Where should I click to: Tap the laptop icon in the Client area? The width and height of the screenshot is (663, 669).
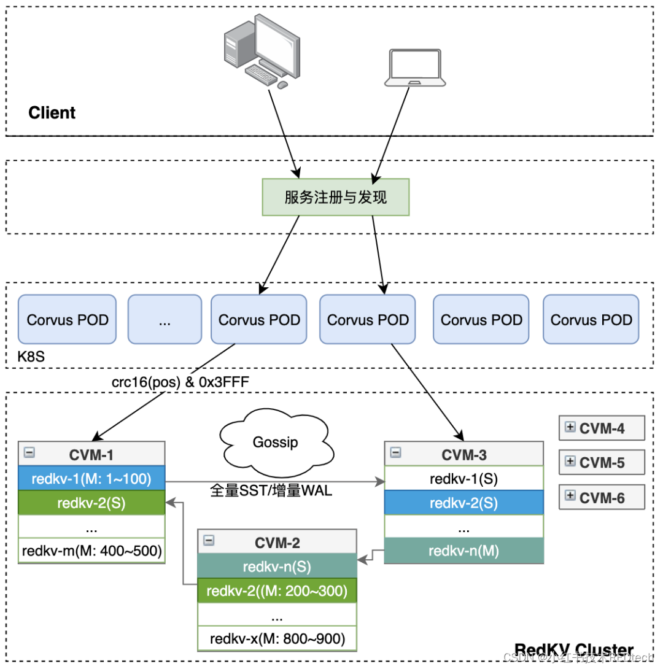414,68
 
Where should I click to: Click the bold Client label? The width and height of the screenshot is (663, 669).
52,113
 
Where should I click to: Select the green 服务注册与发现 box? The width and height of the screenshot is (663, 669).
336,197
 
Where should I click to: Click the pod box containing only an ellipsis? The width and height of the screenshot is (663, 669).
165,320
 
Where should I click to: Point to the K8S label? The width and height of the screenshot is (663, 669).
31,355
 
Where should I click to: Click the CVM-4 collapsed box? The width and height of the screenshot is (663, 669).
602,428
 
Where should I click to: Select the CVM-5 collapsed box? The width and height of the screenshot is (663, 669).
602,463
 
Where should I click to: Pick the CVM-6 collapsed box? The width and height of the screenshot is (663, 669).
602,498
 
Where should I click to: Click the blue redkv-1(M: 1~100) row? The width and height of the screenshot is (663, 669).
91,478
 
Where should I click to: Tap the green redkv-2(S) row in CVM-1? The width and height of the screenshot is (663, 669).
91,503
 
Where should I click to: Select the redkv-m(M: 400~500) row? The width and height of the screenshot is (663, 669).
91,551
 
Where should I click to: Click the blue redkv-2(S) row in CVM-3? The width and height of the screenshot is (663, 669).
463,503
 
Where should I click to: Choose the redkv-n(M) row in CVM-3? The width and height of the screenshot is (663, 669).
463,551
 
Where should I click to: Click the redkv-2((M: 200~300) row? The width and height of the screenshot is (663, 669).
277,591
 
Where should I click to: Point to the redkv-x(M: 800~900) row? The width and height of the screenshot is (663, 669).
277,638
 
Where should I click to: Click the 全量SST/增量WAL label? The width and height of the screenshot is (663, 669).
271,491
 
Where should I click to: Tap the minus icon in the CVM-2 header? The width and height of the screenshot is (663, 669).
209,541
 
